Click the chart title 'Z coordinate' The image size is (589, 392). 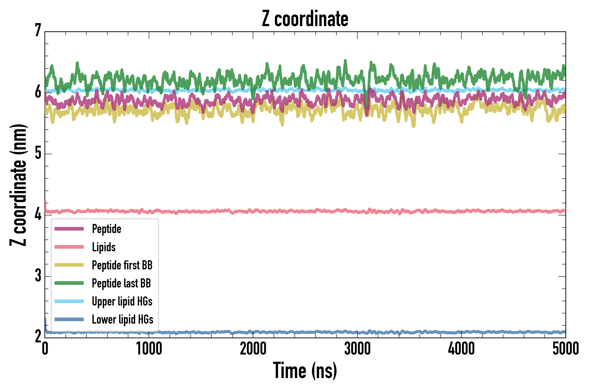305,19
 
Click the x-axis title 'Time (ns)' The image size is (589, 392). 305,371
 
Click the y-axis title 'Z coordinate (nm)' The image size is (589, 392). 18,185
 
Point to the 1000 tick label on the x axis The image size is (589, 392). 149,349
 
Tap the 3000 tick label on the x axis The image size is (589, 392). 357,349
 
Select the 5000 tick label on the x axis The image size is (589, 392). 565,349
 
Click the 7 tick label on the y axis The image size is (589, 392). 38,30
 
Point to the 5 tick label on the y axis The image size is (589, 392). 38,153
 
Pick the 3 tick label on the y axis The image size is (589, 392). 38,275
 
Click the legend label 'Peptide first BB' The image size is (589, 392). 122,265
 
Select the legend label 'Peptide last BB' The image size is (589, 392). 121,283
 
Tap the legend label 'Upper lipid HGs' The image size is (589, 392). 122,301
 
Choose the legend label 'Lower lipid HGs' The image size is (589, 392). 122,319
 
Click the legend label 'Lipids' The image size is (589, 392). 104,247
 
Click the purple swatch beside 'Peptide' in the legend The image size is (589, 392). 69,229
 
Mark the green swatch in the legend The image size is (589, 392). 69,283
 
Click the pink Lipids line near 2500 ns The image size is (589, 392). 305,211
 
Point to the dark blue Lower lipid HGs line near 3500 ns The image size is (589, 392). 409,333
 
